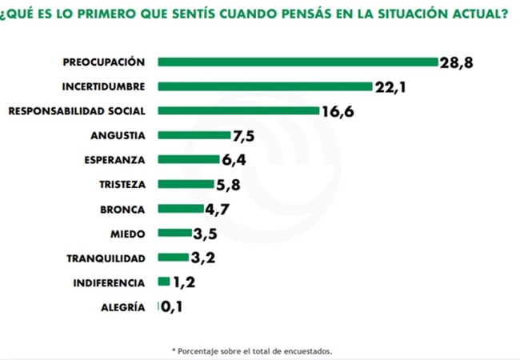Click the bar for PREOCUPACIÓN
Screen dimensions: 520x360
click(298, 62)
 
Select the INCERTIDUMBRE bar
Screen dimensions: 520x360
click(265, 86)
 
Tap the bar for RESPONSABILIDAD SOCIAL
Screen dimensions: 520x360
click(238, 110)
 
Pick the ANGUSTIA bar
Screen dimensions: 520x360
click(194, 135)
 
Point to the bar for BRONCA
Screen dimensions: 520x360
click(181, 209)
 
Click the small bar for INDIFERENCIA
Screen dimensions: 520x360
click(164, 282)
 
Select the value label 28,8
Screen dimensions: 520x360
click(456, 62)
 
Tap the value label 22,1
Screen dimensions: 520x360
click(390, 87)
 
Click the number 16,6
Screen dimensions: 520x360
click(338, 112)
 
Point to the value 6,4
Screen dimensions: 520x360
click(234, 160)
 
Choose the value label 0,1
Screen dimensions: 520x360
click(171, 306)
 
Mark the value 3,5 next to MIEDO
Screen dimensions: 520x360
click(205, 234)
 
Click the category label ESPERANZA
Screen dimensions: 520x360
click(114, 160)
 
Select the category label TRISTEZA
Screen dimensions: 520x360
click(122, 185)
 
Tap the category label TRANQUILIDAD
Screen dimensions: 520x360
click(106, 258)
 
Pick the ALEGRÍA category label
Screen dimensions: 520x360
click(123, 307)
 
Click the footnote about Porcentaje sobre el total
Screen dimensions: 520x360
click(252, 351)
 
